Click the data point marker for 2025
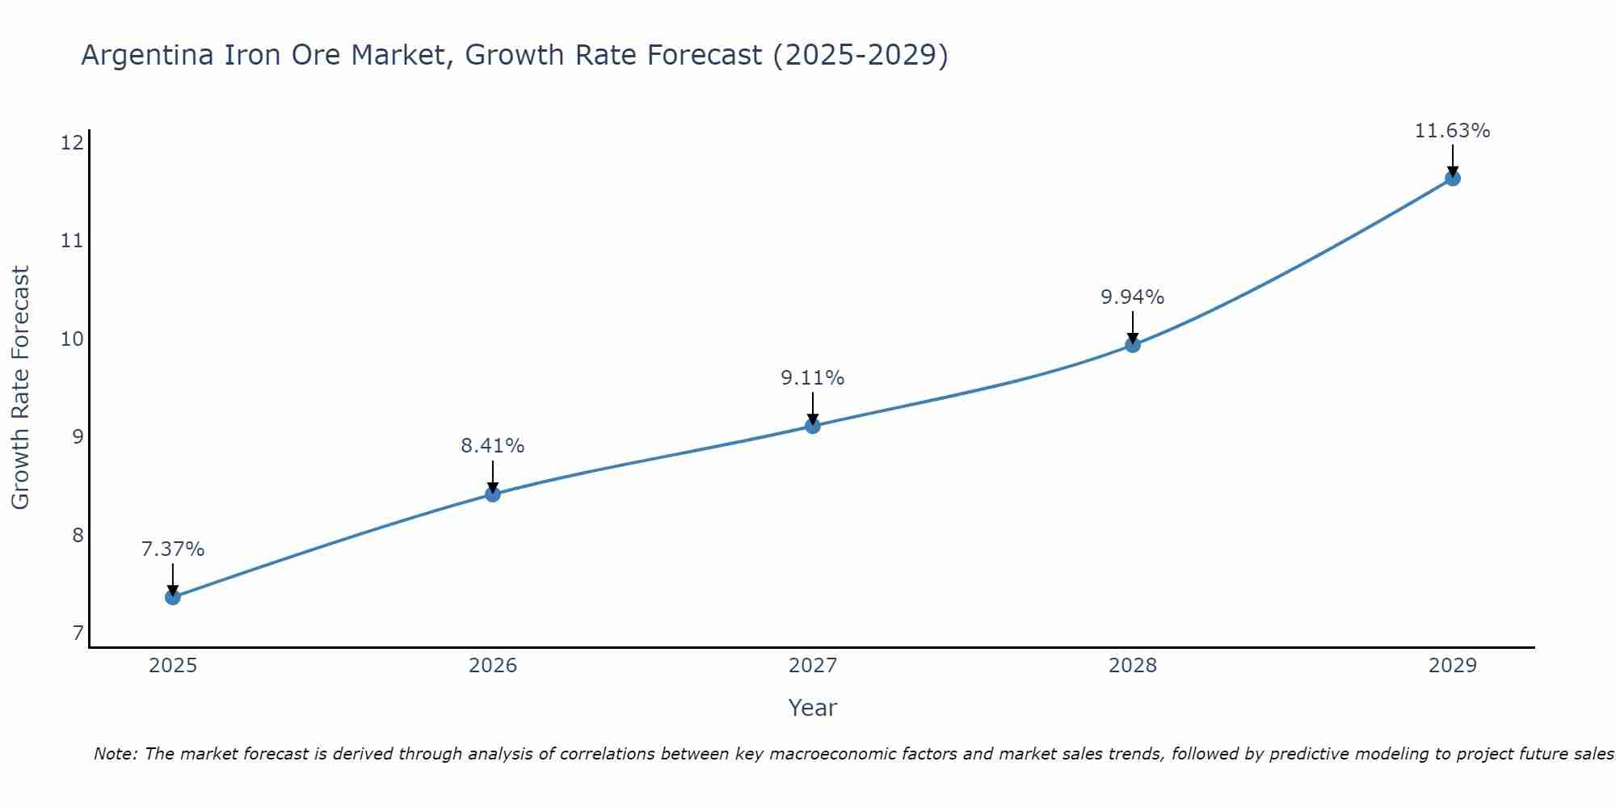click(172, 597)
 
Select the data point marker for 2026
click(493, 494)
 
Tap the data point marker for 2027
click(813, 426)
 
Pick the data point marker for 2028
click(1133, 345)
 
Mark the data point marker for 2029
click(1452, 179)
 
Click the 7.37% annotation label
click(172, 549)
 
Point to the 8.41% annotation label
click(493, 445)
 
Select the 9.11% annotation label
click(813, 377)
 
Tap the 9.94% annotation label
click(1133, 297)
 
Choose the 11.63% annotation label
click(1452, 130)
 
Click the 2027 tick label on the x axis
click(813, 666)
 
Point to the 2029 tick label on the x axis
click(1452, 666)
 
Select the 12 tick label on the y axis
click(72, 143)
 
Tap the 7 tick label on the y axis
click(78, 633)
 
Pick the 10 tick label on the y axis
click(72, 339)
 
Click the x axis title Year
click(813, 708)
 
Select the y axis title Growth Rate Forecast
click(20, 388)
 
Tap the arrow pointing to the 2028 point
click(1133, 326)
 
